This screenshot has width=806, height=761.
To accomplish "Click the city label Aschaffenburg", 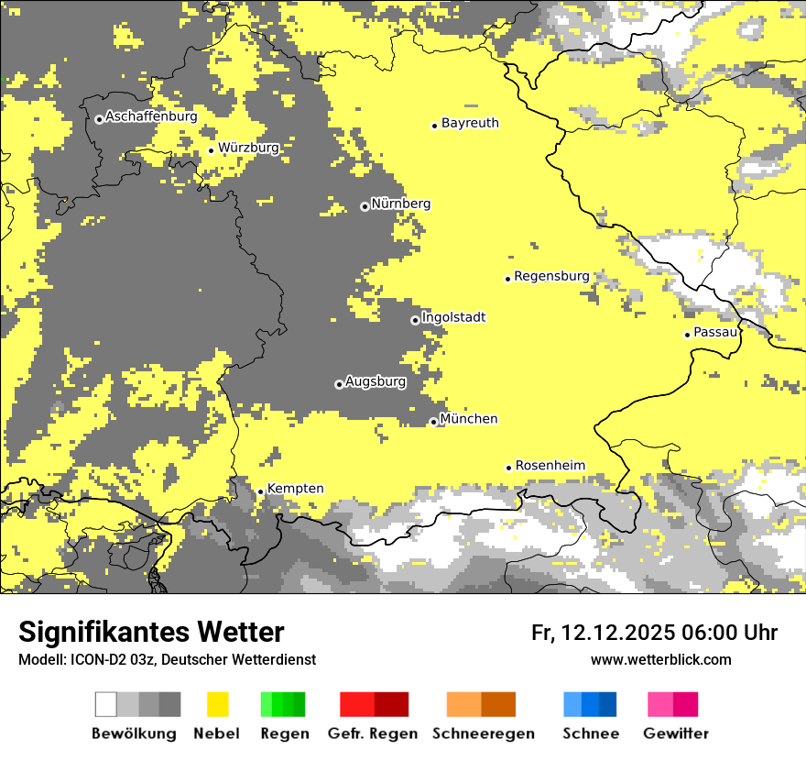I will [151, 117].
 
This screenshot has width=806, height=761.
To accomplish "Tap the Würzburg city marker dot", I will [211, 150].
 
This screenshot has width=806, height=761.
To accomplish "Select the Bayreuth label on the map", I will [470, 123].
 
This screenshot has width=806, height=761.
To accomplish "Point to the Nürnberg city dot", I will [365, 206].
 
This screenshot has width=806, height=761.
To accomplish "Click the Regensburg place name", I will [551, 276].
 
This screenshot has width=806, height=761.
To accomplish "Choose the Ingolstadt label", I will [453, 317].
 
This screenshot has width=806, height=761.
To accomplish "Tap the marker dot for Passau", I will [687, 335].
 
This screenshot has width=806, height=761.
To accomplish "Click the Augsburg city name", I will [376, 381].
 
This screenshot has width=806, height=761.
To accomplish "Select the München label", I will [469, 419].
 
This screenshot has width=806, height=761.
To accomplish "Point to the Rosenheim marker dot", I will [508, 468].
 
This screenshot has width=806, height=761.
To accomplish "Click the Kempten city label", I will [295, 489].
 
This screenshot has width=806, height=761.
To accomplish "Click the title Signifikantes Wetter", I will [151, 633].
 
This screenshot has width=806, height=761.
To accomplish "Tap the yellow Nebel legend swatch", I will [217, 704].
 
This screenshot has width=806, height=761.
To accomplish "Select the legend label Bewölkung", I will [134, 733].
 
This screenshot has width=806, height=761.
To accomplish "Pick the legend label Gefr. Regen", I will [373, 733].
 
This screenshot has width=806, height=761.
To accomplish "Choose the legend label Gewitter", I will [676, 733].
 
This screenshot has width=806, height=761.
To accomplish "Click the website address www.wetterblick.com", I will [660, 660].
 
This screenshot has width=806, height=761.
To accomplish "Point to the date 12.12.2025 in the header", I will [618, 633].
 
